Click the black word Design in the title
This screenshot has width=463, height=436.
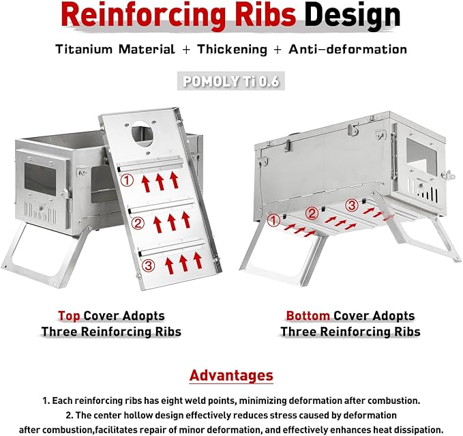pyautogui.click(x=353, y=16)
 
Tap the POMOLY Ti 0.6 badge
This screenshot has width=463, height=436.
pyautogui.click(x=231, y=81)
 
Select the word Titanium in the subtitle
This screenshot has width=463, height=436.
pyautogui.click(x=84, y=49)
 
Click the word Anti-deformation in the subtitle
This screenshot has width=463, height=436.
pyautogui.click(x=348, y=49)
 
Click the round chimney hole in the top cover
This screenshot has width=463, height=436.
pyautogui.click(x=143, y=134)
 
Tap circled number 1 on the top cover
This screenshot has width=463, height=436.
pyautogui.click(x=127, y=180)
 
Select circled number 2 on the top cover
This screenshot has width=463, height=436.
pyautogui.click(x=138, y=223)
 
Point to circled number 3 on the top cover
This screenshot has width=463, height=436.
pyautogui.click(x=148, y=265)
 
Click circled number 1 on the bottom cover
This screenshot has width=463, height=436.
pyautogui.click(x=273, y=220)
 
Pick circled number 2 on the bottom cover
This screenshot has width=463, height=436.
pyautogui.click(x=312, y=214)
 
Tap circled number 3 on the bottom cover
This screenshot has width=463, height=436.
pyautogui.click(x=352, y=205)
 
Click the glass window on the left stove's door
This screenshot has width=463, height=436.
pyautogui.click(x=40, y=179)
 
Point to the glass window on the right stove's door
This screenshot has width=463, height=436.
pyautogui.click(x=421, y=155)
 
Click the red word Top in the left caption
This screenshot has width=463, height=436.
pyautogui.click(x=69, y=316)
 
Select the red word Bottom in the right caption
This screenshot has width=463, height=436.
pyautogui.click(x=308, y=316)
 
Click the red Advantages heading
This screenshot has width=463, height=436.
pyautogui.click(x=231, y=376)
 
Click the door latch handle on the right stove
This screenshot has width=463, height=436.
pyautogui.click(x=447, y=175)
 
